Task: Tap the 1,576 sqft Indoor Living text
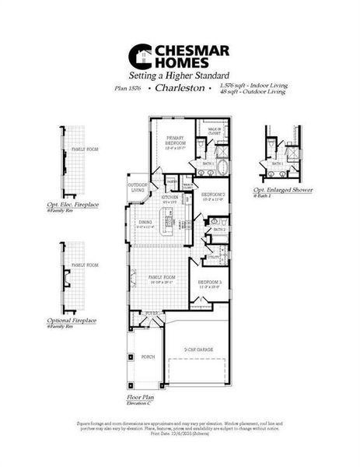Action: [253, 85]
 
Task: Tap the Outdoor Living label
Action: [138, 188]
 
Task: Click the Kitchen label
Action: [171, 198]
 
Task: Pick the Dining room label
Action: [145, 223]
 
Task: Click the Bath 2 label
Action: [219, 230]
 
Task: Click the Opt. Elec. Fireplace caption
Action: [78, 205]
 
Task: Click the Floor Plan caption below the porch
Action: [137, 397]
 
